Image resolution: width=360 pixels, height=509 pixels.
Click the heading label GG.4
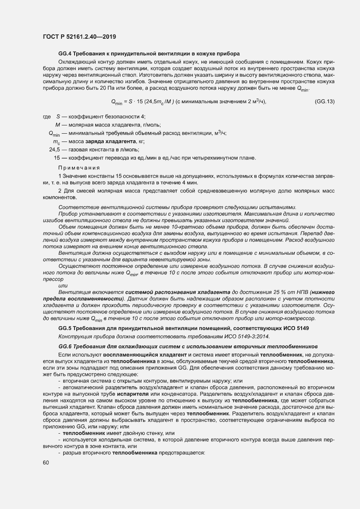click(x=65, y=54)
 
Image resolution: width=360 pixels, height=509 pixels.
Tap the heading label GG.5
click(x=65, y=327)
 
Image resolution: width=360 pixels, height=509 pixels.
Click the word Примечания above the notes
click(x=79, y=168)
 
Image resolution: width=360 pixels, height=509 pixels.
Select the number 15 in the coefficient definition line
click(x=56, y=158)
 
